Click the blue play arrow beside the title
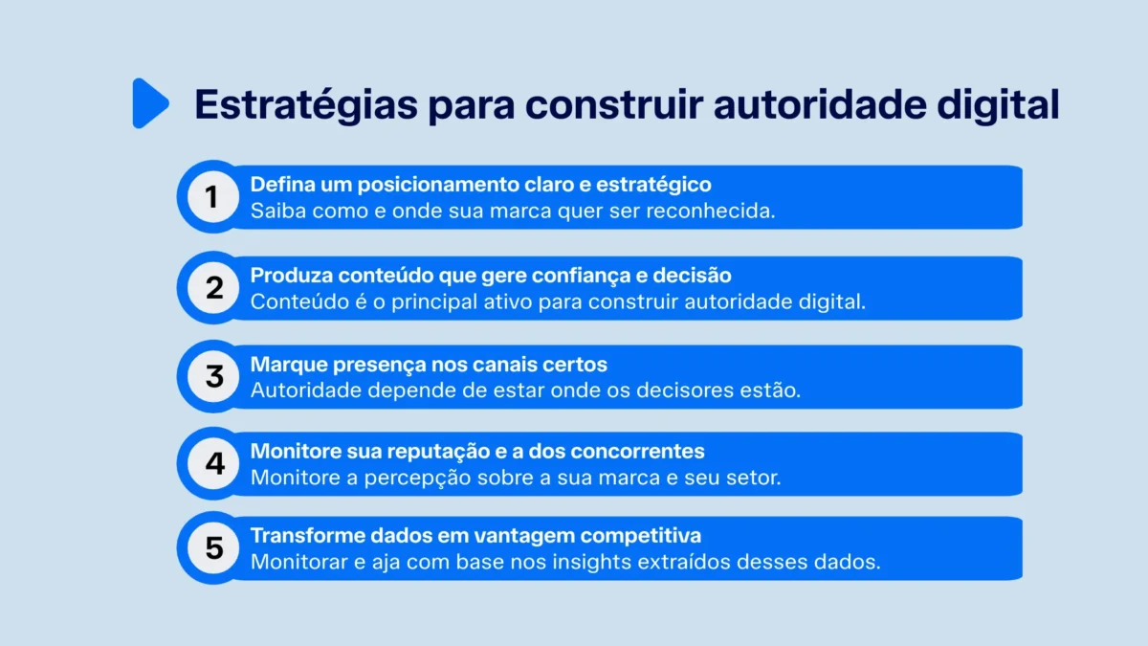pos(149,103)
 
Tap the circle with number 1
pos(212,197)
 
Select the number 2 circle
pos(212,287)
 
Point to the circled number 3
pos(212,377)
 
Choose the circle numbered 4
pos(212,463)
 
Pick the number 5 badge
pos(212,548)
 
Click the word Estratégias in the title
pos(305,104)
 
